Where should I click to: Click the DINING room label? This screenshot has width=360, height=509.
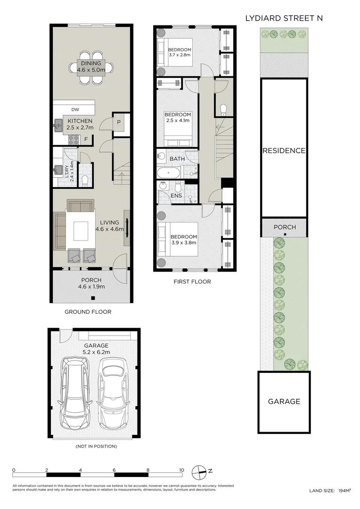[x=91, y=63]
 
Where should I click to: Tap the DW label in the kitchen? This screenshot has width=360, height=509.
[x=75, y=110]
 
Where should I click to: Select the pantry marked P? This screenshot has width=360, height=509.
[x=119, y=122]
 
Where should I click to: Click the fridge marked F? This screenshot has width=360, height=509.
[x=86, y=139]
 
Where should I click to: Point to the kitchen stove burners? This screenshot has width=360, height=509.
[x=74, y=140]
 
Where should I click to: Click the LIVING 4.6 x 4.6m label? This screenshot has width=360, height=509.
[x=109, y=226]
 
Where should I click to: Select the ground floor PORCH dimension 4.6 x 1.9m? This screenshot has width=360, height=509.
[x=91, y=287]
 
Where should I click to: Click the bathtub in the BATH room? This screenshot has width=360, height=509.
[x=169, y=172]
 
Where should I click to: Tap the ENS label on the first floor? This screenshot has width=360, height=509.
[x=176, y=196]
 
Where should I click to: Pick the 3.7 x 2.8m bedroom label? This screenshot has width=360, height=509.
[x=180, y=55]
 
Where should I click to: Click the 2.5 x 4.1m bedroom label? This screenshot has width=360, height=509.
[x=178, y=121]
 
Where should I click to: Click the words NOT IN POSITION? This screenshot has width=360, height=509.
[x=96, y=446]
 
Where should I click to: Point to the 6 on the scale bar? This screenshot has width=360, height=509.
[x=114, y=470]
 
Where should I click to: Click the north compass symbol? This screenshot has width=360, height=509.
[x=199, y=472]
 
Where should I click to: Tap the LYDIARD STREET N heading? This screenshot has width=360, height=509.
[x=284, y=18]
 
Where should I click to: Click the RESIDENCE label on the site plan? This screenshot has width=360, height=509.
[x=284, y=151]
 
